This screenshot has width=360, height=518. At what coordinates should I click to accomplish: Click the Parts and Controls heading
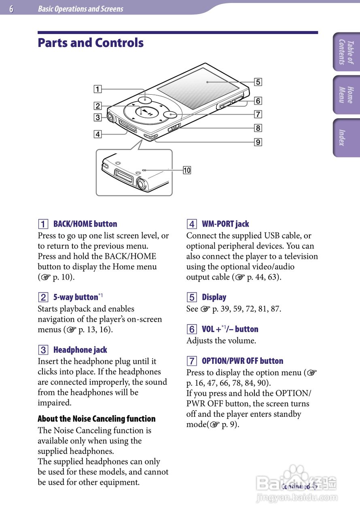[x=91, y=43]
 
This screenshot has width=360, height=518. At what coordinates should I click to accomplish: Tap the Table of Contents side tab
[x=346, y=52]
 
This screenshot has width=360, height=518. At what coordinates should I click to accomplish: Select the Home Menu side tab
[x=346, y=95]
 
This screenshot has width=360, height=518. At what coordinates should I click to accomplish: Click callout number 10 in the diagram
[x=187, y=170]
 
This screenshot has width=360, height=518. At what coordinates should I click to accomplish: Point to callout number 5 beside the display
[x=258, y=82]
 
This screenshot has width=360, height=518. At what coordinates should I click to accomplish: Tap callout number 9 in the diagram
[x=258, y=142]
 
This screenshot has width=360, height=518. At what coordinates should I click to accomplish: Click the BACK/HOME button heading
[x=85, y=224]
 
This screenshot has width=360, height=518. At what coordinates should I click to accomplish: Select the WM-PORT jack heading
[x=225, y=224]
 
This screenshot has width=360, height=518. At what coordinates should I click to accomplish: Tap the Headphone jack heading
[x=80, y=350]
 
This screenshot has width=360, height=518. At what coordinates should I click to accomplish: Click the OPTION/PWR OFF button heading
[x=242, y=361]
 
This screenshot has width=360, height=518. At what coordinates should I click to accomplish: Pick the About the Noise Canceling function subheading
[x=97, y=418]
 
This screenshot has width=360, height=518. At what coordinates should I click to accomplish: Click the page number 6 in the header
[x=11, y=9]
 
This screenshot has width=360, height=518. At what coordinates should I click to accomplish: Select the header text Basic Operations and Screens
[x=80, y=9]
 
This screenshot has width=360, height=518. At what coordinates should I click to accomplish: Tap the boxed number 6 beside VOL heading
[x=192, y=329]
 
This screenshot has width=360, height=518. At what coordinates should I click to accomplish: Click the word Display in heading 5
[x=214, y=297]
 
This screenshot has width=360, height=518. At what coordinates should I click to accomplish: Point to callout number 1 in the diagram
[x=98, y=89]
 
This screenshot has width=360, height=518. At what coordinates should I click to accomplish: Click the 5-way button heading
[x=76, y=297]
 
